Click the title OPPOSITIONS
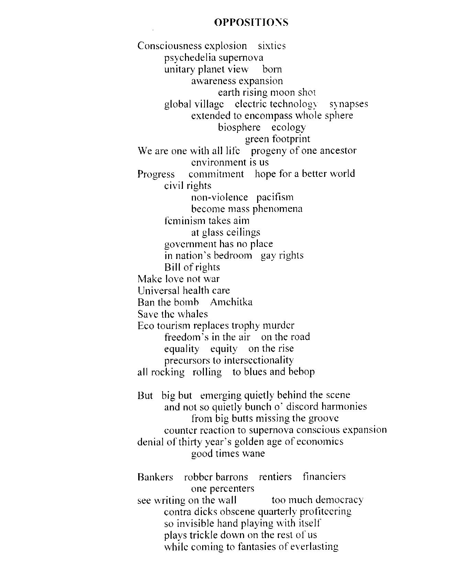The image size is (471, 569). click(x=251, y=23)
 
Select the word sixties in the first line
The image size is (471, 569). click(x=272, y=46)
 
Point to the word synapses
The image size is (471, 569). click(x=349, y=104)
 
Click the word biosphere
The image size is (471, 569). click(x=239, y=127)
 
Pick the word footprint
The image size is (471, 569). click(x=291, y=139)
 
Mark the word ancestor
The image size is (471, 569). click(x=338, y=150)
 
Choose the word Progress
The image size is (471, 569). click(x=156, y=174)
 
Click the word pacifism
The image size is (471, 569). click(x=275, y=197)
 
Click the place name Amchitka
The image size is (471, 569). click(x=231, y=302)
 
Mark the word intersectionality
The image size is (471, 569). click(x=259, y=360)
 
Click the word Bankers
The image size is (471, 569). click(x=155, y=477)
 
